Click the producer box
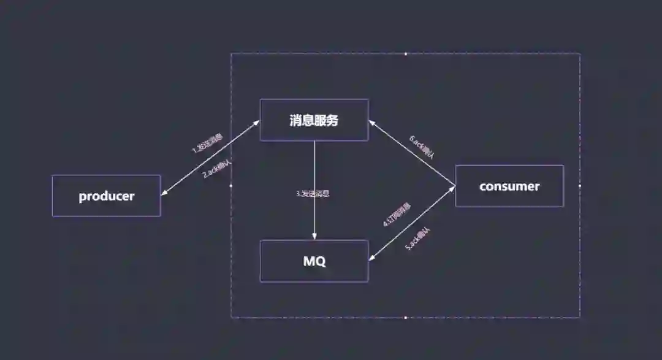pos(106,196)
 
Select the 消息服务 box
pos(314,120)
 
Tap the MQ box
pos(314,261)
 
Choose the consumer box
pos(509,186)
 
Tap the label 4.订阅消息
pos(397,215)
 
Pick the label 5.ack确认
pos(419,239)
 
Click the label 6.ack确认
pos(422,147)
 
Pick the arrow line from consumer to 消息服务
pos(412,153)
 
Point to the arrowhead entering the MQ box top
pos(314,237)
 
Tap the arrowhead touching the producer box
pos(163,194)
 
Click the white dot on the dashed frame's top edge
pos(406,53)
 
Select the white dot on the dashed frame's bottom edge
pos(406,318)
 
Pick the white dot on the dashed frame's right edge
pos(580,185)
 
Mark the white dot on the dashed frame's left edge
pos(231,185)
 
